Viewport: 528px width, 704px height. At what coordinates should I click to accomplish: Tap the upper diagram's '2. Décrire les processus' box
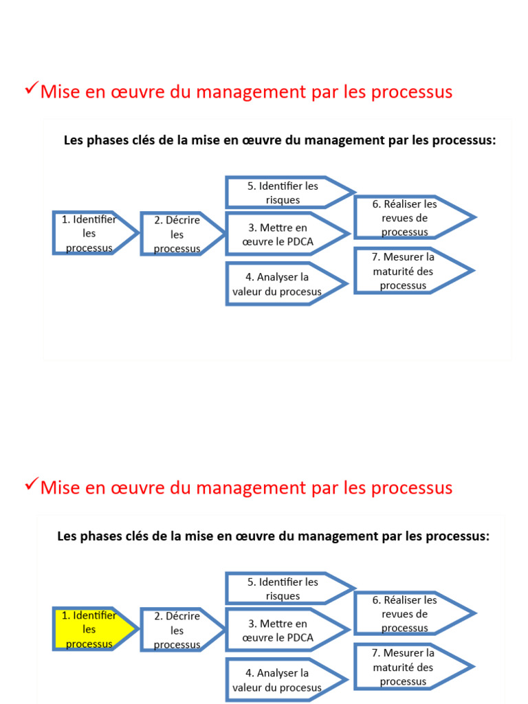point(177,234)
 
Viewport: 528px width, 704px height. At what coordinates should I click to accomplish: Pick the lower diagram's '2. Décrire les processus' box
point(177,630)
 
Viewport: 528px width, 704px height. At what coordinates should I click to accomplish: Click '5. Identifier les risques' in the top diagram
point(283,192)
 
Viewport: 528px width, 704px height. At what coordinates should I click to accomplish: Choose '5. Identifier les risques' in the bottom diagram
point(283,588)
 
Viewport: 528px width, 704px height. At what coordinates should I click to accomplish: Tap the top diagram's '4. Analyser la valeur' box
point(278,284)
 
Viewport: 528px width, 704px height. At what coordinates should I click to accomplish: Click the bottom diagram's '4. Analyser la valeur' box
point(278,680)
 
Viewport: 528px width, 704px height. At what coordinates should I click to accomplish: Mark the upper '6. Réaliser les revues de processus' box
point(406,217)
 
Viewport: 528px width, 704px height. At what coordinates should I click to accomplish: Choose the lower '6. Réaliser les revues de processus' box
point(406,613)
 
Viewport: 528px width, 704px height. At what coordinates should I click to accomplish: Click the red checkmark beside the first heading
point(30,87)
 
